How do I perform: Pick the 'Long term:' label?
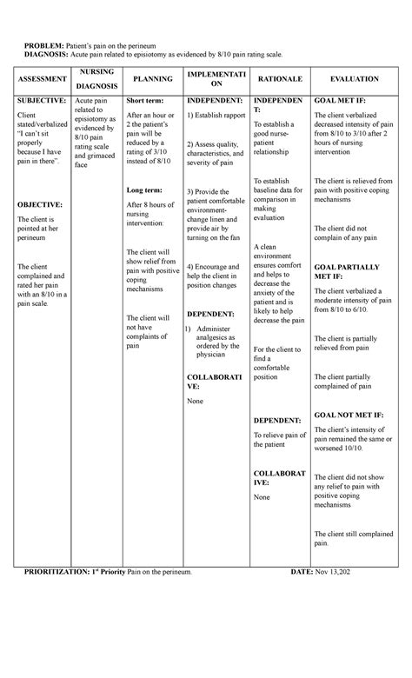coord(143,189)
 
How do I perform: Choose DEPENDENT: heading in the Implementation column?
coord(211,313)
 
